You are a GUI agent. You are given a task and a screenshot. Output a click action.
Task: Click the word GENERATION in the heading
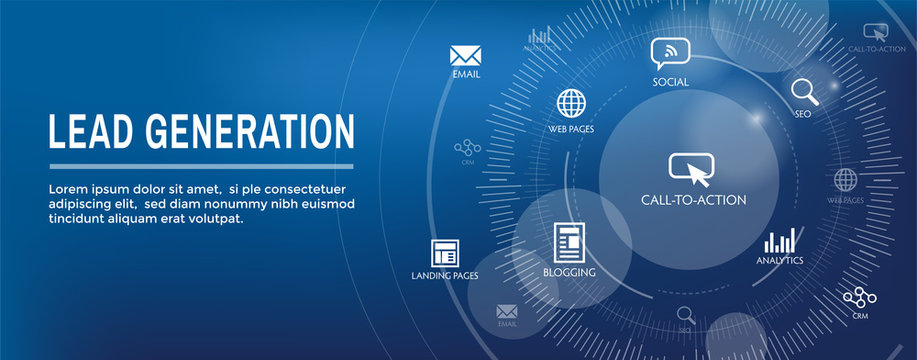click(249, 132)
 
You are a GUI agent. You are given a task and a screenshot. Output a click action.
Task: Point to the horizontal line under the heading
click(201, 166)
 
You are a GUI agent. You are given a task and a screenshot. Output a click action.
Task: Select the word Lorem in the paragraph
click(68, 189)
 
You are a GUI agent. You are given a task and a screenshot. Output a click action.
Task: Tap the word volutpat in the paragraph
click(214, 218)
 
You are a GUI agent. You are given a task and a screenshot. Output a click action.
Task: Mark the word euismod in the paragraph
click(327, 204)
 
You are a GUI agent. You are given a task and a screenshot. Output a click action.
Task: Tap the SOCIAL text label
click(671, 82)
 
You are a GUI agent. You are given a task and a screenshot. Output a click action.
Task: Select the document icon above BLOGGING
click(569, 242)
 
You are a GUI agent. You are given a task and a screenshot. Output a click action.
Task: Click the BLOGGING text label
click(569, 272)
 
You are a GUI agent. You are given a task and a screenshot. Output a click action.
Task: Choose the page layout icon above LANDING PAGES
click(444, 253)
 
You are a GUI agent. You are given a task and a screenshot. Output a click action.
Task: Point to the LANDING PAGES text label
click(444, 275)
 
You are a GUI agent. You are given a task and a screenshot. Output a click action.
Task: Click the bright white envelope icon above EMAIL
click(466, 54)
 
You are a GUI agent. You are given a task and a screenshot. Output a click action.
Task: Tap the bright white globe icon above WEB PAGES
click(571, 103)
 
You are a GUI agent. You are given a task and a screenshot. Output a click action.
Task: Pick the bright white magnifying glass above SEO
click(804, 92)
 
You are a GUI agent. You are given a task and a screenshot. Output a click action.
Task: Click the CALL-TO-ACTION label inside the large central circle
click(693, 200)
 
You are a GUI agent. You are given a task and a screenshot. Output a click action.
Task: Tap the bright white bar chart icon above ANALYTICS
click(779, 241)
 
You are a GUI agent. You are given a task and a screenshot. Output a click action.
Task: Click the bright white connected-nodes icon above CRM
click(859, 297)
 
